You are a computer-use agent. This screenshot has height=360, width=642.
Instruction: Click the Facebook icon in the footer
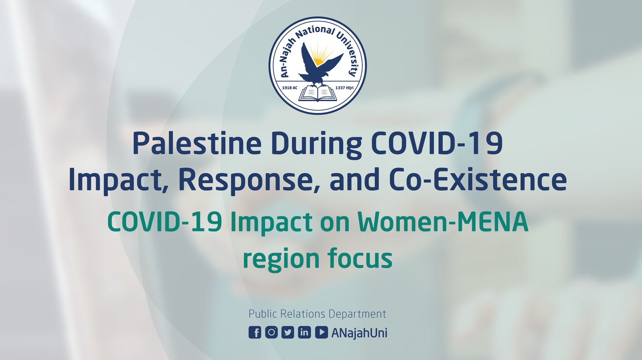255,332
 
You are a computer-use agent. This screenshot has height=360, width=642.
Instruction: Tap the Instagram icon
271,332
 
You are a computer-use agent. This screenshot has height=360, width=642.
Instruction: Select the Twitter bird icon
288,332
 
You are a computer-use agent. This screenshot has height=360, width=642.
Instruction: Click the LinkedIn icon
304,332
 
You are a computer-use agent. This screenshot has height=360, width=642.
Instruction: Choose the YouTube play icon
321,332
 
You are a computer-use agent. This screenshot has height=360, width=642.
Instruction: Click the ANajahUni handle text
359,333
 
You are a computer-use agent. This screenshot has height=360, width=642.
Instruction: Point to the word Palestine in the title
197,144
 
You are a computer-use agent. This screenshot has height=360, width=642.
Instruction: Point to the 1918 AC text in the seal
290,88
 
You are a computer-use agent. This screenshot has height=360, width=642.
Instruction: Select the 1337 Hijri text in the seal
344,88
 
